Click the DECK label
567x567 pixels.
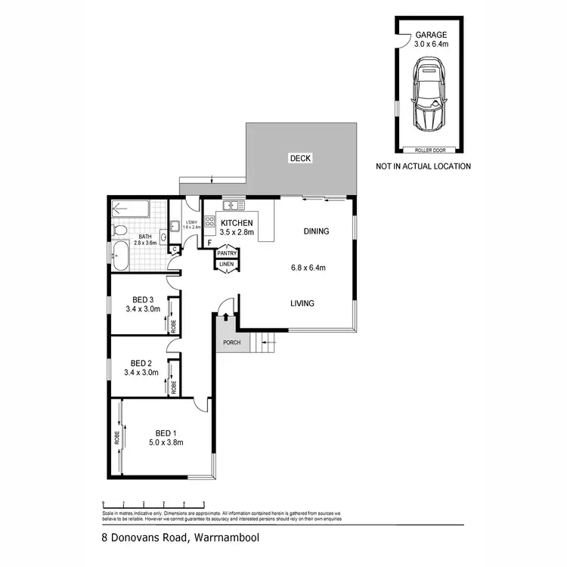(x=300, y=158)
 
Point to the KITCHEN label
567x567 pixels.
(x=237, y=223)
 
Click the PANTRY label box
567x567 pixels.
(x=227, y=253)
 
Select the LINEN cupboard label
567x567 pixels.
(x=226, y=263)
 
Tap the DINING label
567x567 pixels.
(x=316, y=231)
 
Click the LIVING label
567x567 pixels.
(x=303, y=304)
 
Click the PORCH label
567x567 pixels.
(x=231, y=342)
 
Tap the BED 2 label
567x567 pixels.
(x=142, y=362)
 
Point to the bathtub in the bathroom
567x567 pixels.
(x=121, y=256)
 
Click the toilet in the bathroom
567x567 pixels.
(x=119, y=229)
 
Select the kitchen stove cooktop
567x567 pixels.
(x=210, y=222)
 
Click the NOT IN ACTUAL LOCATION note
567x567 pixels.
(x=423, y=166)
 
